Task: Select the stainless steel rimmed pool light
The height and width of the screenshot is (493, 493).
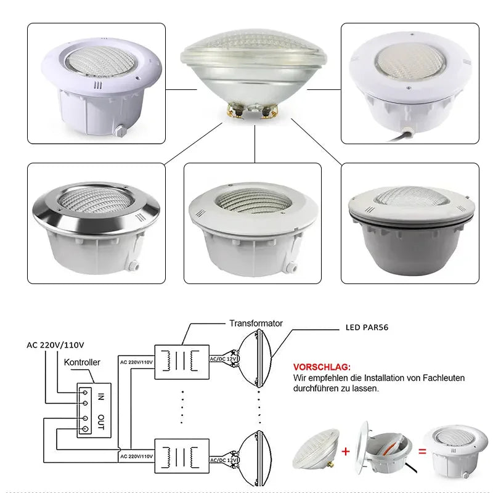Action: tap(96, 225)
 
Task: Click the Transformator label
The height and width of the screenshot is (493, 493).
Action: tap(256, 323)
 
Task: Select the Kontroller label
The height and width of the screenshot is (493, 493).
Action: tap(82, 363)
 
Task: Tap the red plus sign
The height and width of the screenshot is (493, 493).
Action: tap(346, 452)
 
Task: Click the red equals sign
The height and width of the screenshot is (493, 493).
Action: tap(423, 451)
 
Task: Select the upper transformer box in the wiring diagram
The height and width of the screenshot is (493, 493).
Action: tap(182, 361)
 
